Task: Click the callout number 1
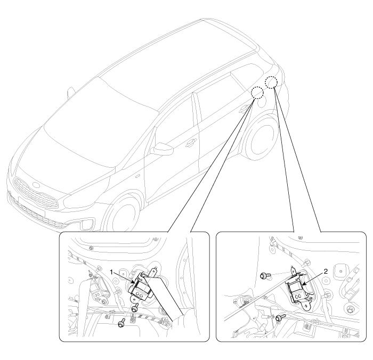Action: (111, 272)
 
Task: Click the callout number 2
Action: (326, 272)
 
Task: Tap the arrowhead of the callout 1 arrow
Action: (134, 282)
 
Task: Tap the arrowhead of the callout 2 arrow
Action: (303, 284)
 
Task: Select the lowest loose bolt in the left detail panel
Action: (121, 323)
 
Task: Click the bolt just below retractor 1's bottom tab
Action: (135, 308)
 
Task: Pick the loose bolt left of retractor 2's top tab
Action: (265, 276)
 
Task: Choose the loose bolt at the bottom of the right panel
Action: (280, 317)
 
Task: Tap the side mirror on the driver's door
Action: (161, 149)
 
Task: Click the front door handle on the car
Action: (191, 142)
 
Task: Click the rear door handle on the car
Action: (243, 109)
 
